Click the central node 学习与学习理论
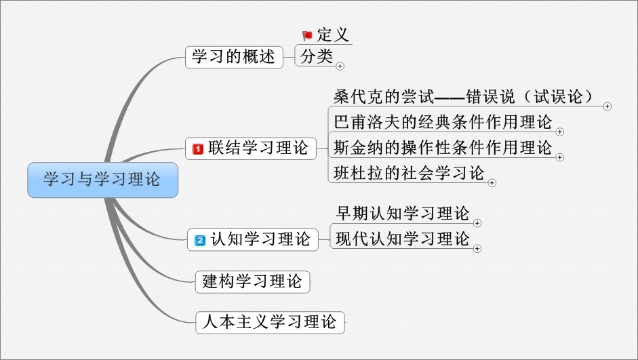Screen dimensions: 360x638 102,180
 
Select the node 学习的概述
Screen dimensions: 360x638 233,57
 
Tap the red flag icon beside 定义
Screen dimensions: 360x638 307,35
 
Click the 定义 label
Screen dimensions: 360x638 333,35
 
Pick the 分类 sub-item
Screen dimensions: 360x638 317,57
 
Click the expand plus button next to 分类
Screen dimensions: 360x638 340,66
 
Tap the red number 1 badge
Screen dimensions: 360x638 199,148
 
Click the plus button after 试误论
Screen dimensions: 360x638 607,106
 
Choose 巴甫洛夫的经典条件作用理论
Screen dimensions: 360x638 443,121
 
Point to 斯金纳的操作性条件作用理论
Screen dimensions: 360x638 443,146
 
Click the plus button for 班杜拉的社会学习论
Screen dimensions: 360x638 492,182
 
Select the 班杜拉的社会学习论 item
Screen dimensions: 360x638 410,172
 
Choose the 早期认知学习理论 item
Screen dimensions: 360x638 403,214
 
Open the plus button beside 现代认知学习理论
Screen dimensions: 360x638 477,249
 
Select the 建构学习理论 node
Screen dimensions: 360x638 252,281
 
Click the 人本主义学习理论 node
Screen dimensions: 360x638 269,321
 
